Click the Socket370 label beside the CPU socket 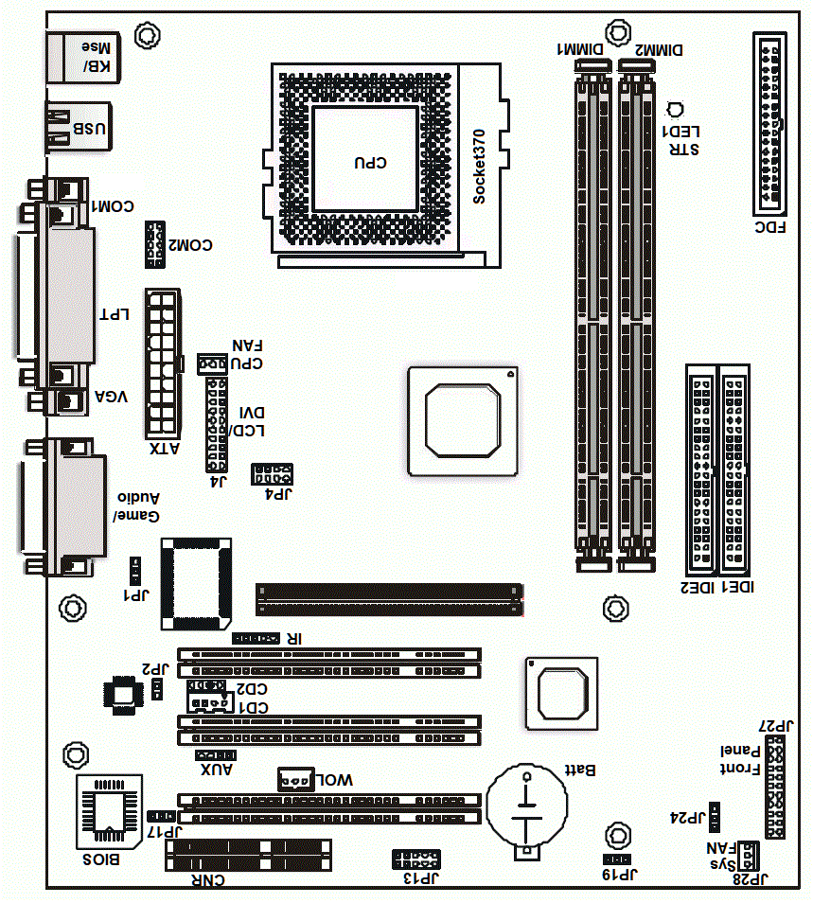click(479, 167)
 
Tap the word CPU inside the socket click(370, 163)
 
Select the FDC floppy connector click(769, 124)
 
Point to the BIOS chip click(110, 812)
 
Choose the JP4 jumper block click(272, 474)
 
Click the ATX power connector click(163, 363)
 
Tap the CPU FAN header click(212, 364)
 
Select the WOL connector click(296, 779)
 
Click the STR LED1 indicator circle click(674, 110)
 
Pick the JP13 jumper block click(416, 859)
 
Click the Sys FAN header click(748, 856)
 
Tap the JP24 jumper click(714, 817)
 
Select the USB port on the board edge click(79, 128)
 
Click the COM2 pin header click(155, 244)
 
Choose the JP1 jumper click(135, 571)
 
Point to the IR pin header click(256, 638)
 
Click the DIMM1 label click(580, 49)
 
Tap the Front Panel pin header click(775, 787)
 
